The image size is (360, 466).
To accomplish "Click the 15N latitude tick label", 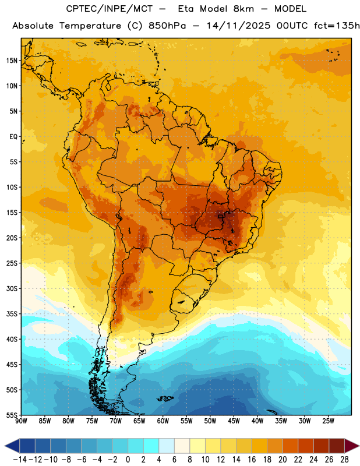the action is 12,61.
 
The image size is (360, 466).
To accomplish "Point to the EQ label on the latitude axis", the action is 13,137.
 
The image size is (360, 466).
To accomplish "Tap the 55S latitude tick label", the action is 12,415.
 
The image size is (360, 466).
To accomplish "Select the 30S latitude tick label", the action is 12,288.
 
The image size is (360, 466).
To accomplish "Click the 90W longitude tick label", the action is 21,421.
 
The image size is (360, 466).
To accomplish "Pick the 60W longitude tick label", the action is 163,421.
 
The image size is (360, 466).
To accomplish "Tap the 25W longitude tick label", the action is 328,421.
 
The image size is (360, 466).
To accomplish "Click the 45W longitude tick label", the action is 234,421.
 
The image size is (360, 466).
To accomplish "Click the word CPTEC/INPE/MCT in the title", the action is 110,9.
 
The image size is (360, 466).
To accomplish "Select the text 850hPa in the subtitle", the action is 167,26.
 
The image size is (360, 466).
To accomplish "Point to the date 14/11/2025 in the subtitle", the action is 238,26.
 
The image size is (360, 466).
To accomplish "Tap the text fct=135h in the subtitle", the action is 337,26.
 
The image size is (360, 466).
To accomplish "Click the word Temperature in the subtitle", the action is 90,26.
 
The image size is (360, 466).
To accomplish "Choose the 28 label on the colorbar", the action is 344,460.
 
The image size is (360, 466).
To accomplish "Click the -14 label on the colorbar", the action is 20,460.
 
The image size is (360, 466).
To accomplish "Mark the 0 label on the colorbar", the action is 128,460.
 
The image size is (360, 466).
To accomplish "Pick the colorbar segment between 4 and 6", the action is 167,446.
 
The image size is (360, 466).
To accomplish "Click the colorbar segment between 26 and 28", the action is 337,446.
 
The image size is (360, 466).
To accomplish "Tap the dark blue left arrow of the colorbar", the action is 12,446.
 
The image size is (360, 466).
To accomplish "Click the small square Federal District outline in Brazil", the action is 221,216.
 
